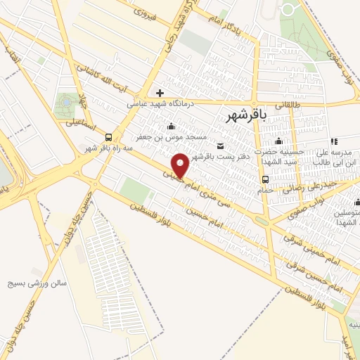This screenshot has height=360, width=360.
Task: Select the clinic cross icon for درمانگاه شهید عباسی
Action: tap(160, 93)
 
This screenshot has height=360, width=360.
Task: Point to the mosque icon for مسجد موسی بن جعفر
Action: tap(172, 127)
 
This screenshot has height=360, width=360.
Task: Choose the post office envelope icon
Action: tap(221, 146)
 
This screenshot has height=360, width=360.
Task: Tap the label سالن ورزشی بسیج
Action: tap(37, 284)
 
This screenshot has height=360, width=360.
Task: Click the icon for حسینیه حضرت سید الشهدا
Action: tap(279, 141)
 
